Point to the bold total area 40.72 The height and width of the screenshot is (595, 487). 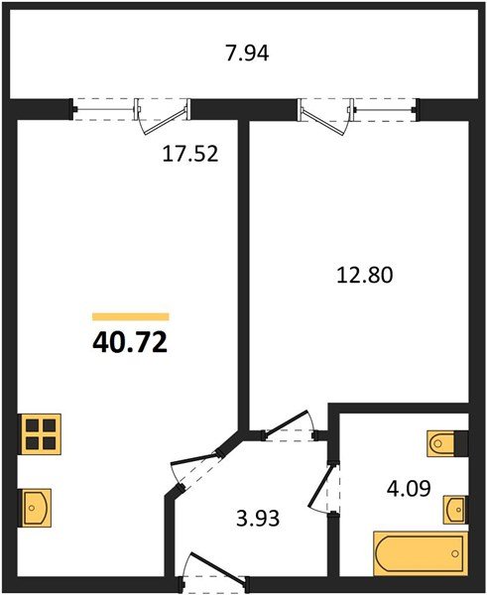[x=129, y=344]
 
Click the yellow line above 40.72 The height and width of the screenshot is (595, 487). [x=130, y=316]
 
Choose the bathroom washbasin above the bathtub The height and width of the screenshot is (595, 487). [x=454, y=509]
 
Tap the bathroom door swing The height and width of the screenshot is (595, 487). [x=324, y=490]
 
